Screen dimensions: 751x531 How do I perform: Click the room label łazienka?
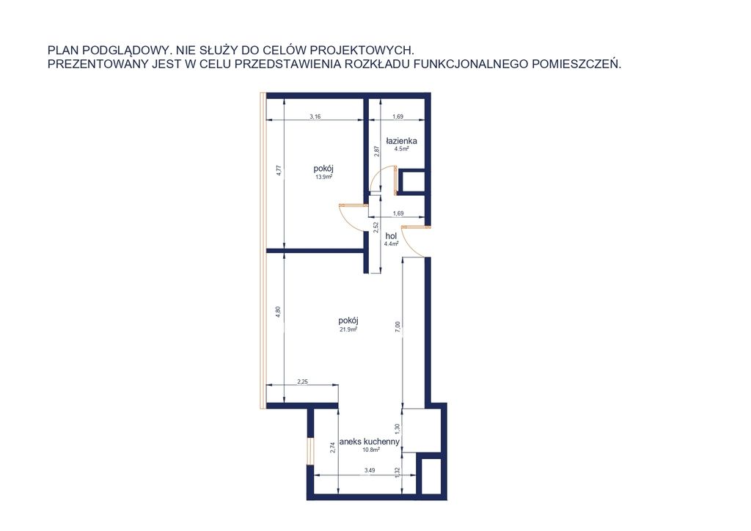pos(401,141)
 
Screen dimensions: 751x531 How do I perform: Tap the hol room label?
pos(391,236)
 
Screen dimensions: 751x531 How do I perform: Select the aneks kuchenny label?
pos(370,442)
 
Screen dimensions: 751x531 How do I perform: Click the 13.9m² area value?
pos(323,177)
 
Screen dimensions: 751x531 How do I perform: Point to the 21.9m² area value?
pos(348,329)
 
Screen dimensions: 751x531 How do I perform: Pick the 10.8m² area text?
pos(371,450)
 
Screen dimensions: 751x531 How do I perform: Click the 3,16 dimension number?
pos(315,117)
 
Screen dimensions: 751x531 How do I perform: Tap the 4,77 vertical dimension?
pos(279,171)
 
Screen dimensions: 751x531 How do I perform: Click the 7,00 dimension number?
pos(398,327)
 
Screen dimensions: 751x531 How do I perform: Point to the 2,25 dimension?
pos(302,381)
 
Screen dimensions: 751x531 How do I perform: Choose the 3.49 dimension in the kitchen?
pos(370,470)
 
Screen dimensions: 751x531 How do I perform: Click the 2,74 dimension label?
pos(333,447)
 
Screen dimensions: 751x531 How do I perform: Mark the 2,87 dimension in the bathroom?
pos(377,151)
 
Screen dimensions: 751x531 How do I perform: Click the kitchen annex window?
pos(310,451)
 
